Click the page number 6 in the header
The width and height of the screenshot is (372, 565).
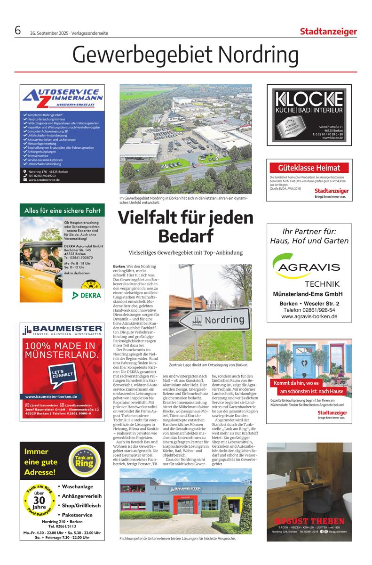18,31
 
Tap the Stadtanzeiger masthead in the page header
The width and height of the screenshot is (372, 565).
328,32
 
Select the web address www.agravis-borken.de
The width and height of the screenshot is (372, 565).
309,317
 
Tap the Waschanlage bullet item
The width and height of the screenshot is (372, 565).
78,486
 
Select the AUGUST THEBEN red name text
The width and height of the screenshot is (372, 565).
309,522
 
